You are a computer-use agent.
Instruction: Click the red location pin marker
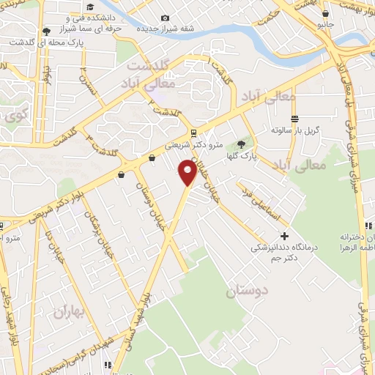188,172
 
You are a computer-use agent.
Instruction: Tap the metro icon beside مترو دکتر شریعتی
193,133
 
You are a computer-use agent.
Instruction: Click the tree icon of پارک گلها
242,144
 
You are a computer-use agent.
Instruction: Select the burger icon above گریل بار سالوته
294,119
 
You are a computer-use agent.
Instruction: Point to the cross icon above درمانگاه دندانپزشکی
285,236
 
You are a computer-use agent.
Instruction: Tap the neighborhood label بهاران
70,313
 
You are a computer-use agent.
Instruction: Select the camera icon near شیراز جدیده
165,18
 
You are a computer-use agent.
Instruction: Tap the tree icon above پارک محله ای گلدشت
47,31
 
